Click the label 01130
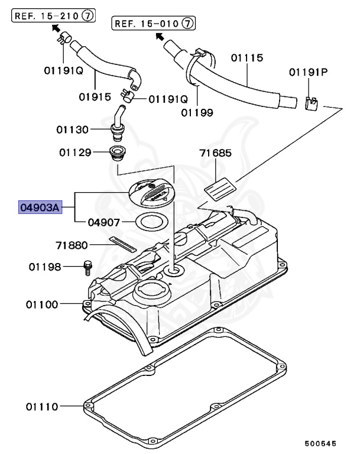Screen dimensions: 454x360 click(x=73, y=129)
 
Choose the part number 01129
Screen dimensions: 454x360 click(x=74, y=152)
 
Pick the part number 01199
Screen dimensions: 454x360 click(x=197, y=111)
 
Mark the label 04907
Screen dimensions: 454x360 click(x=104, y=223)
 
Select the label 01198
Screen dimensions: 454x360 click(x=45, y=267)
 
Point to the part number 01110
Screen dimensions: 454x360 click(x=41, y=407)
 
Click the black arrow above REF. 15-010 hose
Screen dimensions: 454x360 click(x=158, y=37)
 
